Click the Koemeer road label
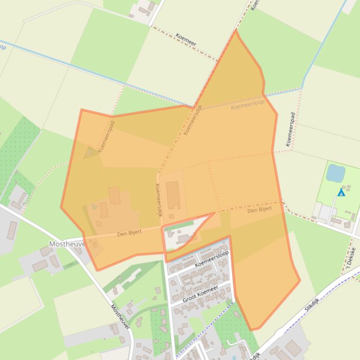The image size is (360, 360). click(186, 39)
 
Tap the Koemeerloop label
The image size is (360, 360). click(247, 105)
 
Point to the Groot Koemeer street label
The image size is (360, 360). click(200, 295)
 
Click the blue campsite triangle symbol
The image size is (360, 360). click(341, 192)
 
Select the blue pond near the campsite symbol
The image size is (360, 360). click(335, 173)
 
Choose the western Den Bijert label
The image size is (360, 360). click(129, 232)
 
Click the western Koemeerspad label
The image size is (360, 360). click(106, 137)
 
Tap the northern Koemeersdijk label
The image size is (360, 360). click(192, 120)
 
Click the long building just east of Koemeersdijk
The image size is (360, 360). click(173, 195)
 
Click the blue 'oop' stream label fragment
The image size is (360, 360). click(2, 47)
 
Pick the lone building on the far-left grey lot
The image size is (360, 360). click(12, 230)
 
